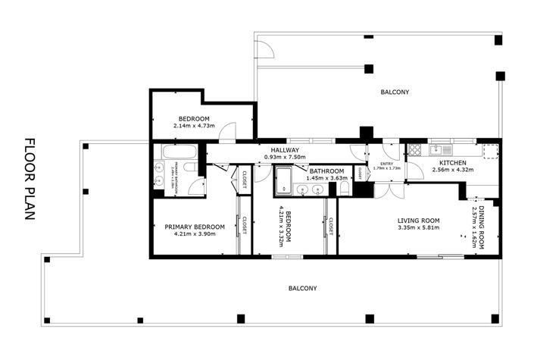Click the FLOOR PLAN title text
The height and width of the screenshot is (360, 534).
(x=30, y=179)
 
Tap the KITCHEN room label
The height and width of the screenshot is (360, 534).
(x=452, y=162)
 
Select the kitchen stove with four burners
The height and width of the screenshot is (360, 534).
(x=415, y=149)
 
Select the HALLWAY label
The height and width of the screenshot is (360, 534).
(x=284, y=150)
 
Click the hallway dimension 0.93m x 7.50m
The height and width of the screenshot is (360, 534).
(x=284, y=158)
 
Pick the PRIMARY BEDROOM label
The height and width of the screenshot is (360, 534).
(x=195, y=227)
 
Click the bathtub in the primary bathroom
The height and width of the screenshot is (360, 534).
(x=175, y=152)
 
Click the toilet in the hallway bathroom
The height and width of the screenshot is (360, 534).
(x=345, y=188)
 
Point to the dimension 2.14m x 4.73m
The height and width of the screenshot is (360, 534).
(x=195, y=127)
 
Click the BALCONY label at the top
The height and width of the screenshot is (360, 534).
(x=395, y=92)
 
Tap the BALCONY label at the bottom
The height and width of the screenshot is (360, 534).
(x=302, y=289)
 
